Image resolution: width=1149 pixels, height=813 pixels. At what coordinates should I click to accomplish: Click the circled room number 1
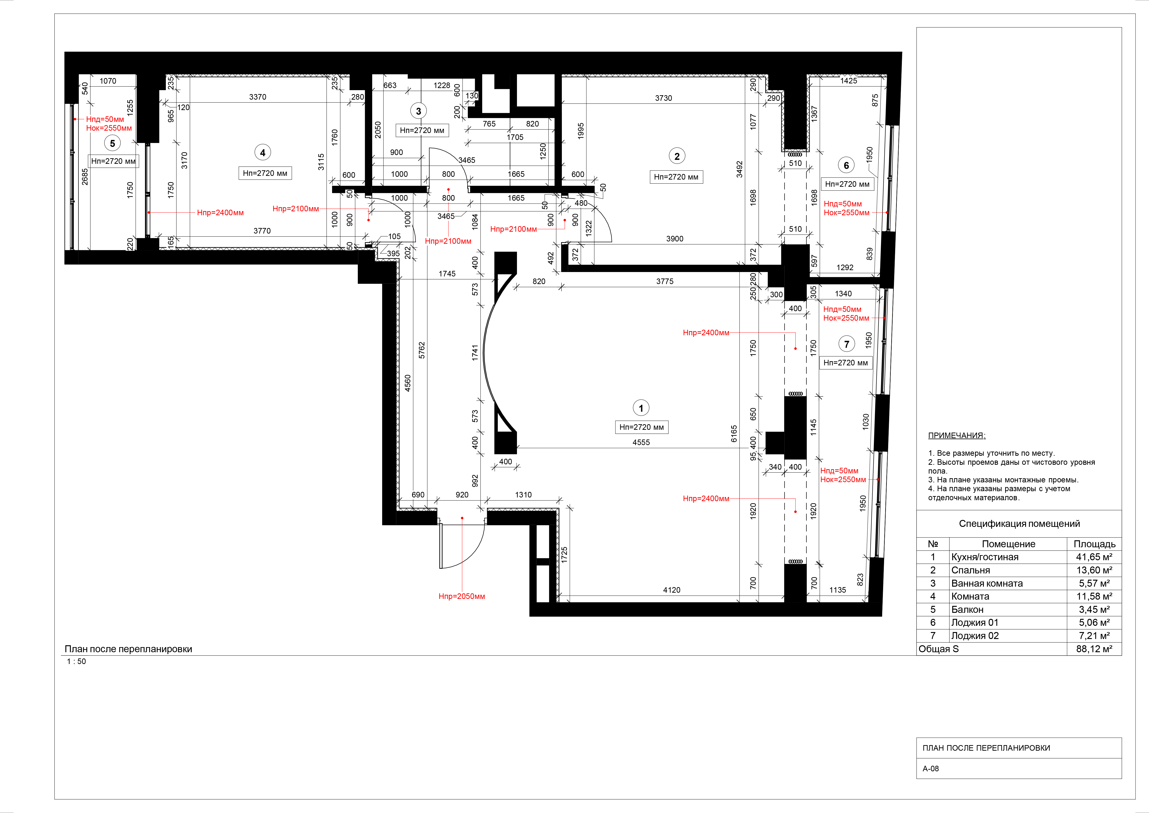(x=641, y=408)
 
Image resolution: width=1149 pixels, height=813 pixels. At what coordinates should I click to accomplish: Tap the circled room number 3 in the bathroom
(x=418, y=111)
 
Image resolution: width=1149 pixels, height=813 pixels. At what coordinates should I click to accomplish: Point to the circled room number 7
(x=846, y=344)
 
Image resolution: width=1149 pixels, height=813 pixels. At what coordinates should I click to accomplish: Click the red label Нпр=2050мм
(x=461, y=596)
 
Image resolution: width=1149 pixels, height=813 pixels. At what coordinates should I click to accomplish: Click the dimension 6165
(x=734, y=433)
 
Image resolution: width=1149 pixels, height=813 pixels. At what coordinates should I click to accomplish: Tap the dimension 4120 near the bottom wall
(x=672, y=590)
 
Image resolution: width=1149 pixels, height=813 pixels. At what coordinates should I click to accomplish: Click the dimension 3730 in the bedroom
(x=664, y=98)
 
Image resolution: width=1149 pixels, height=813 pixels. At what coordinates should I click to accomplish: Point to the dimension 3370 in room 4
(x=258, y=97)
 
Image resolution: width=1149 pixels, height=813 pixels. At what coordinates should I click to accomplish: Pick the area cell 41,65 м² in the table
(x=1094, y=557)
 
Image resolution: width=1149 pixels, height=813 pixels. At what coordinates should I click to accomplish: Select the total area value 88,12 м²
(x=1094, y=649)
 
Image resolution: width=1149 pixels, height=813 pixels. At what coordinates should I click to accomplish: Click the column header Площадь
(x=1094, y=544)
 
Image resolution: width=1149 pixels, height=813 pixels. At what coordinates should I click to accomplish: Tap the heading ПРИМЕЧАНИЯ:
(x=956, y=436)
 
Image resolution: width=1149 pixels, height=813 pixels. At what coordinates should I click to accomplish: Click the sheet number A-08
(x=931, y=769)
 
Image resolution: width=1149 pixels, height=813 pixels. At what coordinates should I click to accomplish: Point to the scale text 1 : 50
(x=77, y=661)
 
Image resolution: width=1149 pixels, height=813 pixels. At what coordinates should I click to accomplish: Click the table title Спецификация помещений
(x=1019, y=524)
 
